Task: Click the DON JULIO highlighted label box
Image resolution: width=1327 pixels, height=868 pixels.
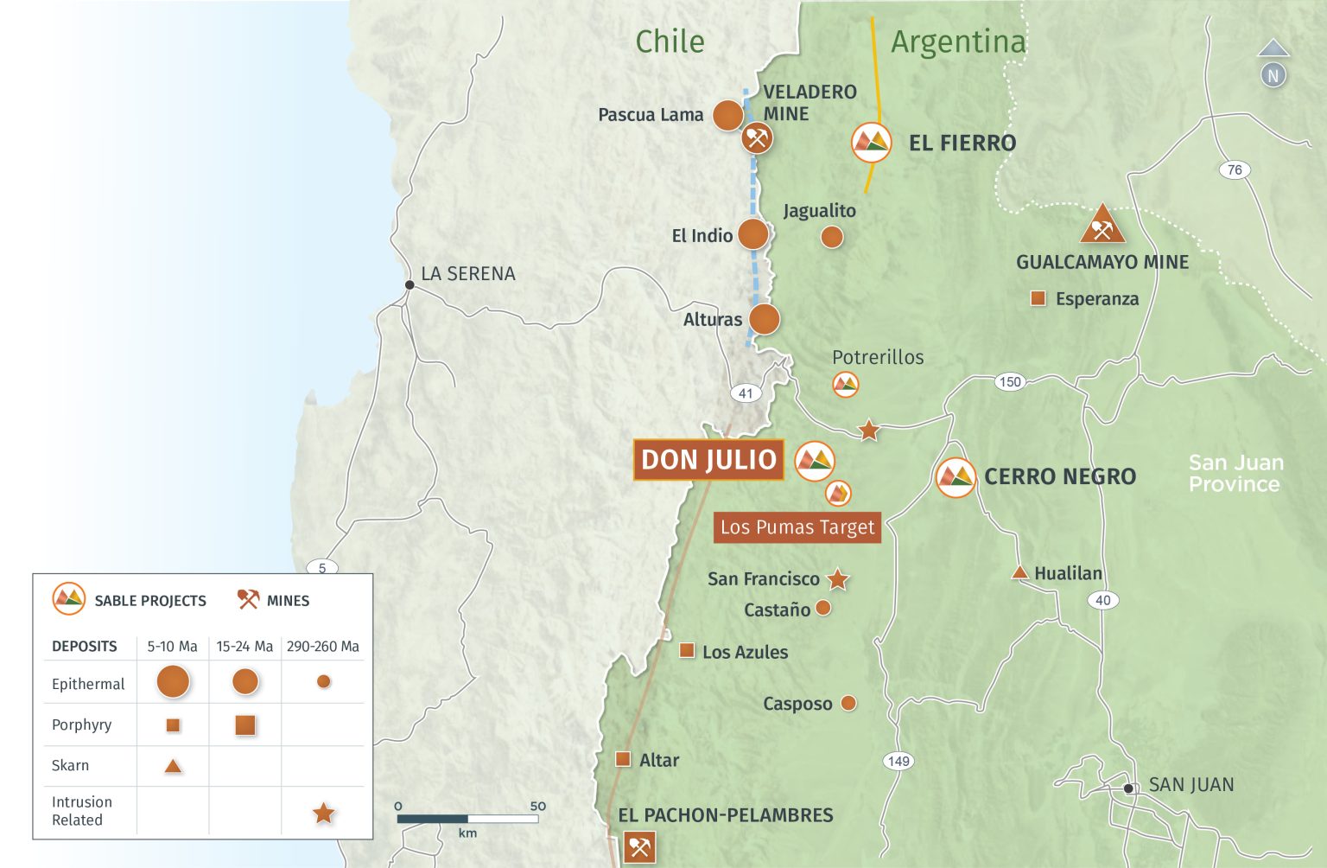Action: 708,460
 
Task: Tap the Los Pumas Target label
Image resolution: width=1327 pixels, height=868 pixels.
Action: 797,527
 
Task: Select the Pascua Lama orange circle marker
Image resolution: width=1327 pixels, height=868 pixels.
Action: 728,115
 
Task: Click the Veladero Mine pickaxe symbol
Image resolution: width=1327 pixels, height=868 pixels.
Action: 757,137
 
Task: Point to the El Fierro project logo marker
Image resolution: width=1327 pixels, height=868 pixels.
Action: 871,143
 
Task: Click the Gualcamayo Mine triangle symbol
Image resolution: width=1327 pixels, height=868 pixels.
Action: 1102,226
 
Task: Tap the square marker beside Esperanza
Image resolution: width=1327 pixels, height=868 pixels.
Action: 1038,299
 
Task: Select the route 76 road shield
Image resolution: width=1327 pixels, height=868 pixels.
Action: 1235,169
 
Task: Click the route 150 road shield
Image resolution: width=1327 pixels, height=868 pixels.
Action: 1009,381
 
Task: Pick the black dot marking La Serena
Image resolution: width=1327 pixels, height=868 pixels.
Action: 410,284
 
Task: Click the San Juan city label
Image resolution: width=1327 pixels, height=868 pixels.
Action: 1190,785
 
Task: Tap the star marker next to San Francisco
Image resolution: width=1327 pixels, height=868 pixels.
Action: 837,579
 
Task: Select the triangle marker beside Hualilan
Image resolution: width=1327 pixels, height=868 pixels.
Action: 1019,572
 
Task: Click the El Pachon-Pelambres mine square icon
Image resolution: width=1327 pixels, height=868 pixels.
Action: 639,847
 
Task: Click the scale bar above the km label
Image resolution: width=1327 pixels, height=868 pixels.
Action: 467,818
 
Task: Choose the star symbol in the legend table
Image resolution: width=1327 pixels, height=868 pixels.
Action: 323,813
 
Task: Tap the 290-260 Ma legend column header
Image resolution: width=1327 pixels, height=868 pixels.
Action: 322,647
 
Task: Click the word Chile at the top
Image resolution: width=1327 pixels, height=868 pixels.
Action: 670,41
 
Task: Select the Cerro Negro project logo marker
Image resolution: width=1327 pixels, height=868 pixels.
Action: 956,477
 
